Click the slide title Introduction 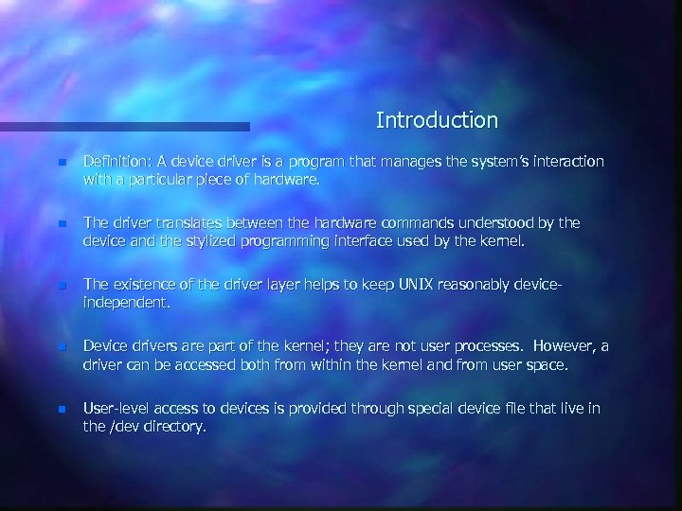[436, 121]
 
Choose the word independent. [126, 302]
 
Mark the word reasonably [500, 285]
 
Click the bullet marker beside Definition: [62, 163]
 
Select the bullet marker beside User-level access [62, 409]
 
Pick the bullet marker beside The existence [62, 286]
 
